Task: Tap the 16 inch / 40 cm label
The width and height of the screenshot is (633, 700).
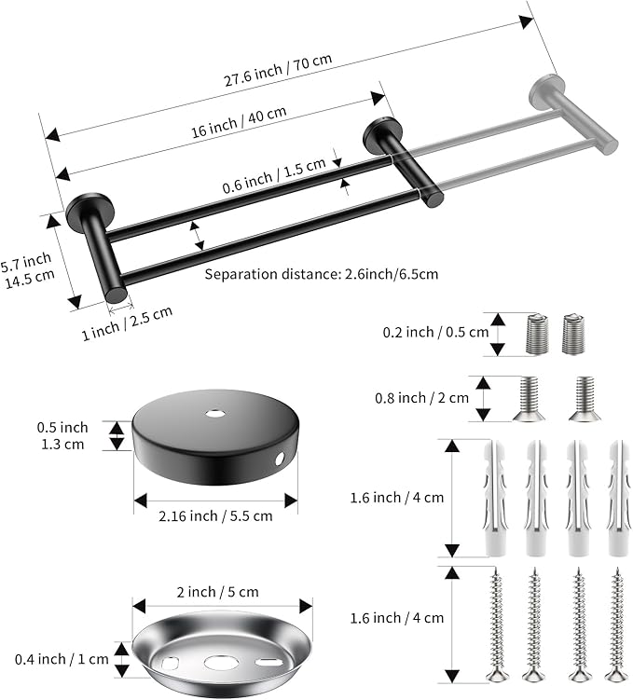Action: [239, 122]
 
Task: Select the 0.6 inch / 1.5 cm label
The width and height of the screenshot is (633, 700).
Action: [274, 176]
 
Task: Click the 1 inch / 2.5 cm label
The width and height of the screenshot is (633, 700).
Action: [127, 323]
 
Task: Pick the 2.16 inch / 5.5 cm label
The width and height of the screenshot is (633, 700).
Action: [215, 516]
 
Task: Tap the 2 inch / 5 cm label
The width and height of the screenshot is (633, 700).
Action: [217, 592]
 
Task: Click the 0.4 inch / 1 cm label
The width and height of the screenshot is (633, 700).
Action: [62, 659]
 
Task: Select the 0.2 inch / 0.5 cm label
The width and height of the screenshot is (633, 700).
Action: [435, 332]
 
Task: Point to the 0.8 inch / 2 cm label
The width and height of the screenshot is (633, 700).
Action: [422, 398]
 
